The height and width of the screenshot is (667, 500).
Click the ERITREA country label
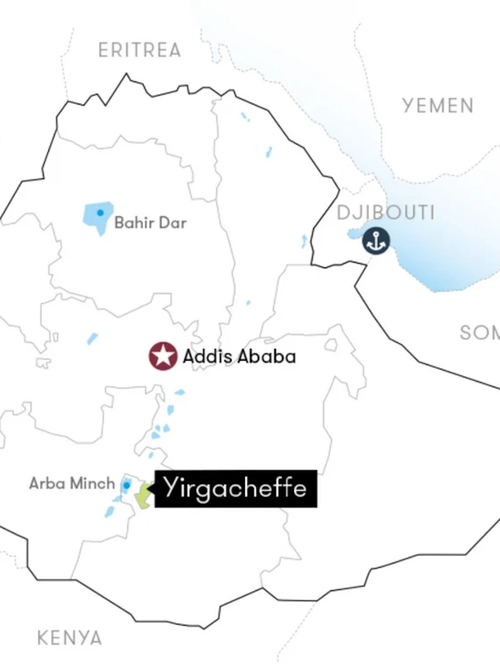coord(140,51)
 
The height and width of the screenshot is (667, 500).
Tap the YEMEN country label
coord(438,105)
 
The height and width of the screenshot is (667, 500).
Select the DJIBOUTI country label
coord(386,213)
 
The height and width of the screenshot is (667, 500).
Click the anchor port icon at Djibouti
coord(375,241)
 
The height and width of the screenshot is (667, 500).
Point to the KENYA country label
coord(70,638)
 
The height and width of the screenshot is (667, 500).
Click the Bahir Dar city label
coord(150,224)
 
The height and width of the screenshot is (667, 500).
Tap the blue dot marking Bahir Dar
coord(100,212)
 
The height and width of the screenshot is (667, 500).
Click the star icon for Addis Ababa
coord(162,355)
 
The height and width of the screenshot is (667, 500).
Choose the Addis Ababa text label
coord(239,355)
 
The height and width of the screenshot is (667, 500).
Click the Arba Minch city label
coord(72,483)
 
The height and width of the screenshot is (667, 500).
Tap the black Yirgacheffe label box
coord(236,488)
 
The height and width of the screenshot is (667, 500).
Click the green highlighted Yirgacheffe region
coord(142,494)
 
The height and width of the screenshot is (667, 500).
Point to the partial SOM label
coord(480,333)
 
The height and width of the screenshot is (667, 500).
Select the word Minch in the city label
coord(95,483)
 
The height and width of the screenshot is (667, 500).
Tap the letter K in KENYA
coord(43,638)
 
